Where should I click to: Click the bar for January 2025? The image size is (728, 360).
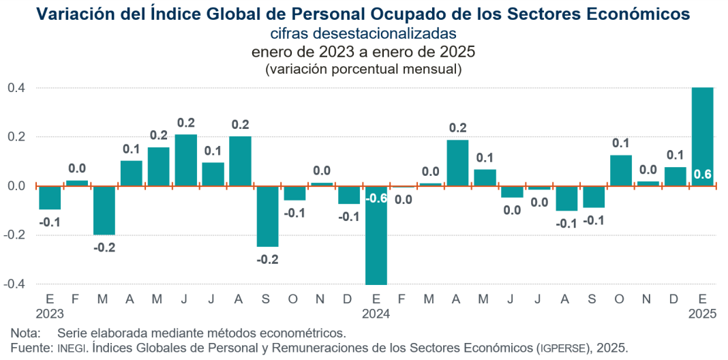point(702,136)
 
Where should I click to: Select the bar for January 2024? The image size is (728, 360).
point(376,235)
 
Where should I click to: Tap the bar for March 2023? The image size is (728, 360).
point(104,210)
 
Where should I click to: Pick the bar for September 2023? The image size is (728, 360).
point(267,216)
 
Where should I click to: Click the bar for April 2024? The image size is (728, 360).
point(457,162)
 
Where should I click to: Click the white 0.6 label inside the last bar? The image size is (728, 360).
point(702,175)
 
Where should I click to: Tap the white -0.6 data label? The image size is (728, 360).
point(376,198)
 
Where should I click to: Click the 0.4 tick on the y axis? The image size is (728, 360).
point(16,88)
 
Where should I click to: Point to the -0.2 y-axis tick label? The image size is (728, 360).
point(15,235)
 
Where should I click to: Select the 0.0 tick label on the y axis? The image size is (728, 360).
point(16,186)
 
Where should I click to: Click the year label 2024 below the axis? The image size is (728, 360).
point(376,314)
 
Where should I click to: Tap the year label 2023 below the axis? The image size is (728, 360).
point(50,314)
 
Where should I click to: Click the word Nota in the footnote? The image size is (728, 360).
point(25,333)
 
